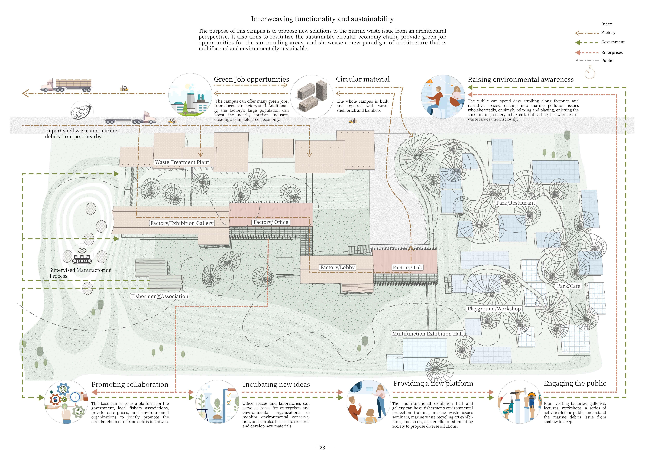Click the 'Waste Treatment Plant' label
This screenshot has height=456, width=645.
point(182,162)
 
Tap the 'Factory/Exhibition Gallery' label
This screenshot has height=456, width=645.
point(182,223)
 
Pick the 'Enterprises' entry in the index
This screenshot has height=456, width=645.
point(612,53)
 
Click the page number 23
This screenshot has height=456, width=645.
point(322,448)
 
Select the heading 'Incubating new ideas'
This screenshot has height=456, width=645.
point(276,385)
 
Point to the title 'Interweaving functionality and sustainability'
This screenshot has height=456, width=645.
point(322,19)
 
